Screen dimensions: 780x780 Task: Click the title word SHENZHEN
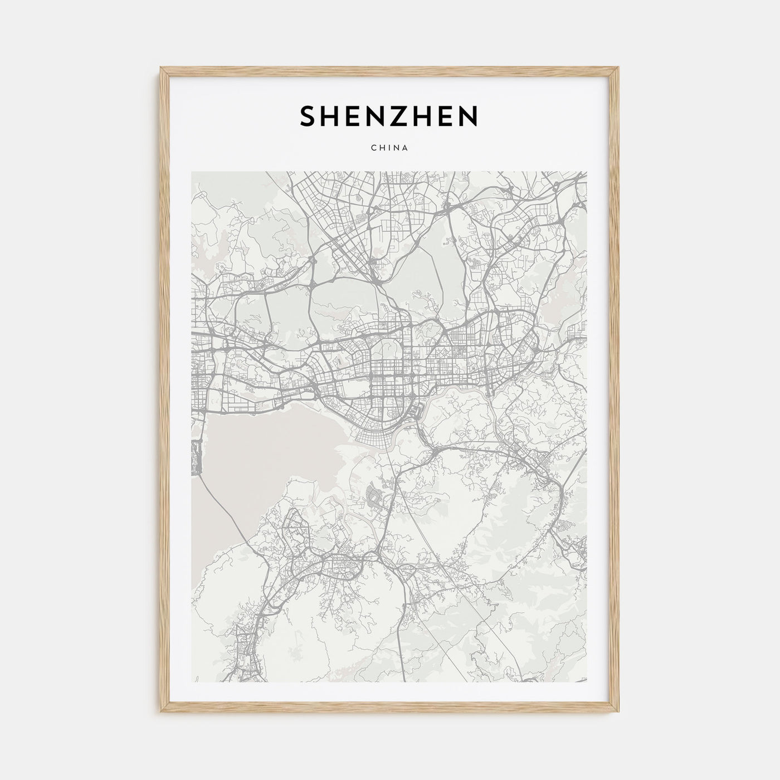pyautogui.click(x=389, y=116)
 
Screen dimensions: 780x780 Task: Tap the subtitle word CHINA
pyautogui.click(x=389, y=148)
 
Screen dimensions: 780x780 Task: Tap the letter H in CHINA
pyautogui.click(x=381, y=148)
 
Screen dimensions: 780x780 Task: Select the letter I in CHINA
pyautogui.click(x=388, y=148)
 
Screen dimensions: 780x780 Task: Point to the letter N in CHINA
pyautogui.click(x=396, y=148)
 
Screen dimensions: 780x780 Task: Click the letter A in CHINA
pyautogui.click(x=406, y=148)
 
